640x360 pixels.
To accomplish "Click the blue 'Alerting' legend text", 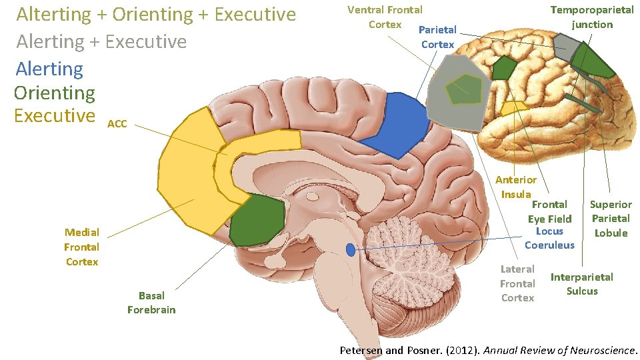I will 49,69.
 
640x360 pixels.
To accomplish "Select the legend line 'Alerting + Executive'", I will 101,41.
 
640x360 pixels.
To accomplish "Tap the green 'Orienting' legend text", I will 55,93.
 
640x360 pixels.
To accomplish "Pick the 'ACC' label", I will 117,124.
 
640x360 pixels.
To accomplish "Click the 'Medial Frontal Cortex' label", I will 81,247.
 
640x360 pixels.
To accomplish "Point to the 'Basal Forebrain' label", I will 151,302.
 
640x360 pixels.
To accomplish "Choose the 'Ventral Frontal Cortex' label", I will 385,17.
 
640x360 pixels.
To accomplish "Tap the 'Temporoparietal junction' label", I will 592,17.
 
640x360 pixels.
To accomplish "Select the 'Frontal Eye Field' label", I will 550,211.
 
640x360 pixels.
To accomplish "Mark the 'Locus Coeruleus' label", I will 549,238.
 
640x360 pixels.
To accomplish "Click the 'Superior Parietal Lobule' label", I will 611,218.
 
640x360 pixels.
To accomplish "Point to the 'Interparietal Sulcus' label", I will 581,284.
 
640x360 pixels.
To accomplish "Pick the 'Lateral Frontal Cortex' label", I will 517,283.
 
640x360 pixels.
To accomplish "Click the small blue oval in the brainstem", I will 351,250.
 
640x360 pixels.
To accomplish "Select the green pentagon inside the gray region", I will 464,89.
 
